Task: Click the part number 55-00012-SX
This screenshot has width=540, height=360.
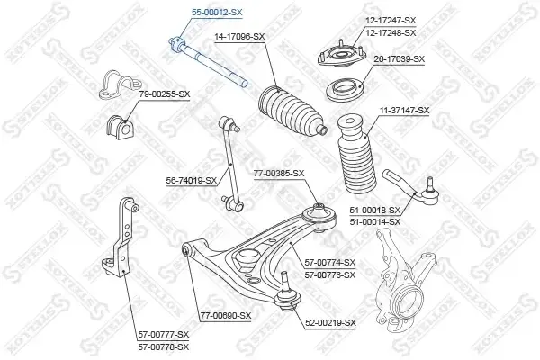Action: tap(217, 13)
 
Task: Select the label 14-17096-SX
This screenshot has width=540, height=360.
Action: tap(239, 37)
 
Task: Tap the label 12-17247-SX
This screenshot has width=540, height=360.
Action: tap(391, 21)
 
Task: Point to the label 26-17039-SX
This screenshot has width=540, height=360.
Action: tap(400, 59)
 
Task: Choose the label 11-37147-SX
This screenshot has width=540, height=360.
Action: tap(404, 111)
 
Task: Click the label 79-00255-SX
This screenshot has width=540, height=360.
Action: tap(165, 94)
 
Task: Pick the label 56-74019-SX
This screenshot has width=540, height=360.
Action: tap(192, 181)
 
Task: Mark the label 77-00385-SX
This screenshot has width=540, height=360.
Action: tap(279, 174)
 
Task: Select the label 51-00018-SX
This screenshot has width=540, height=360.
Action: tap(375, 210)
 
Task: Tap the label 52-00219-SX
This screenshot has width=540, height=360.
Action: tap(330, 323)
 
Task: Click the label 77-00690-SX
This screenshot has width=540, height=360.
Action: tap(226, 316)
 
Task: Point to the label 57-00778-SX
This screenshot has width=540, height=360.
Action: tap(164, 346)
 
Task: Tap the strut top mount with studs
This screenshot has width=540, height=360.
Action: tap(340, 54)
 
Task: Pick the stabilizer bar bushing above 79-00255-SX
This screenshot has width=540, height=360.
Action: tap(119, 85)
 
